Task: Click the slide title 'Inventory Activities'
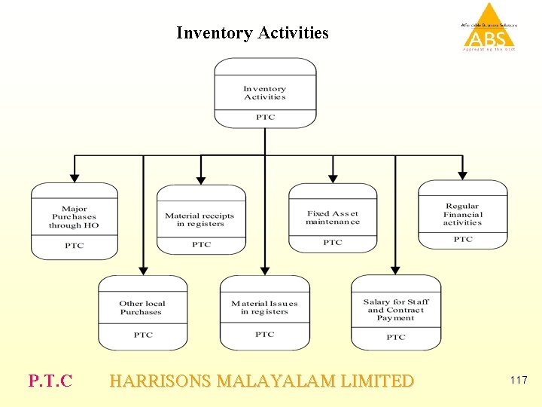252,33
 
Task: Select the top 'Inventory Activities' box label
265,93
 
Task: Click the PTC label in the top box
265,118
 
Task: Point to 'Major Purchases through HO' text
74,217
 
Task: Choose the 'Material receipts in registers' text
199,219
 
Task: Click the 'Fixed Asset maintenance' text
333,218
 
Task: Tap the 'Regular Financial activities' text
462,214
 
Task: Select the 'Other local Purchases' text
142,308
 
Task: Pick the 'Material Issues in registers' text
264,308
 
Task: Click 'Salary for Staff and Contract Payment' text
396,310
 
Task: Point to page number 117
518,381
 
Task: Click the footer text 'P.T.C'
50,381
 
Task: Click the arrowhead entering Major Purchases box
75,179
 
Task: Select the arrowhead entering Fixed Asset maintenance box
333,179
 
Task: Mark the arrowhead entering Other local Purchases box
142,271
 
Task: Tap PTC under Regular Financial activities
463,240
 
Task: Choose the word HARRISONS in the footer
160,381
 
